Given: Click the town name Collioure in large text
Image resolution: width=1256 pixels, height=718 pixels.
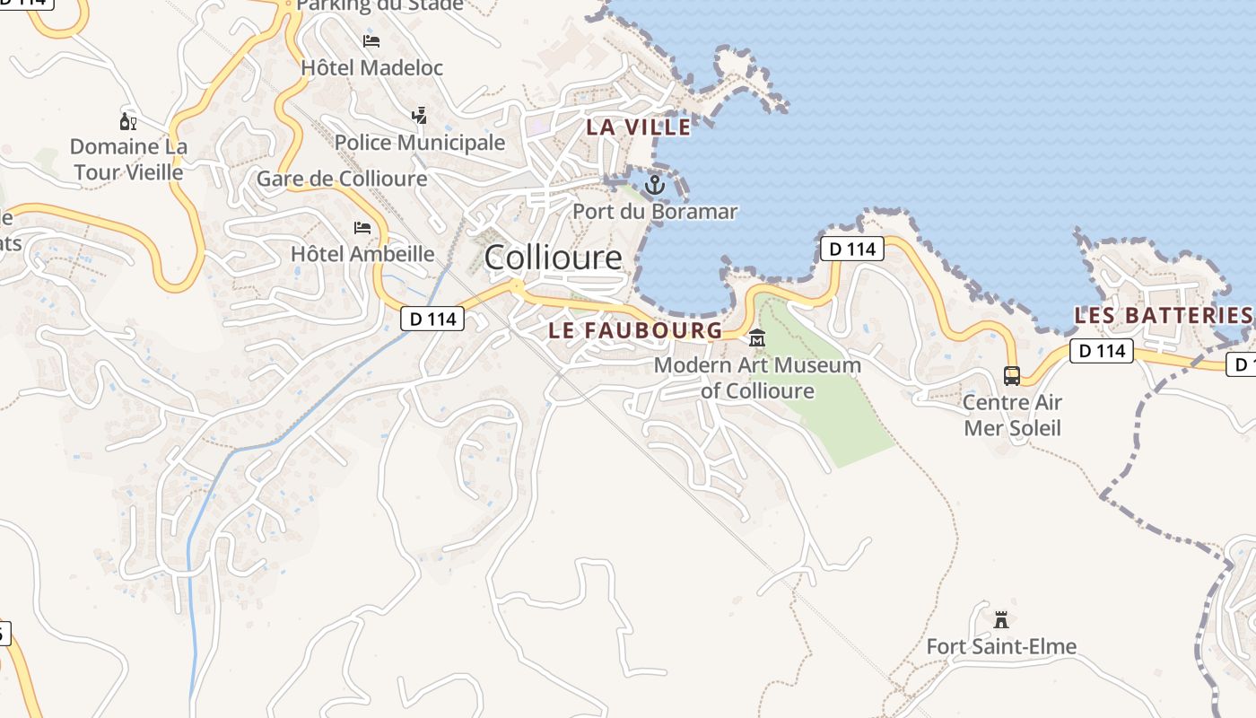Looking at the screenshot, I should (x=553, y=258).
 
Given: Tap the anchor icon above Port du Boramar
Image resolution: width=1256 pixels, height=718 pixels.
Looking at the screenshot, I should (x=655, y=186).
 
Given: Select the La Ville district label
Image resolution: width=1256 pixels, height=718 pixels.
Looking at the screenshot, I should (x=639, y=127).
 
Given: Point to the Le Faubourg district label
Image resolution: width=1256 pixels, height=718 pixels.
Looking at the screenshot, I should (x=635, y=330).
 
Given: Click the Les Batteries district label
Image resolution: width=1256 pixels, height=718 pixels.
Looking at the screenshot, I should (x=1163, y=316).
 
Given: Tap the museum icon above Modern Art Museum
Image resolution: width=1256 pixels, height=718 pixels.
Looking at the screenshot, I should (x=757, y=338).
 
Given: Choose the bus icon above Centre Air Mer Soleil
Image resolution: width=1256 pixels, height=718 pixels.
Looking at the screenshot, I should (x=1012, y=375).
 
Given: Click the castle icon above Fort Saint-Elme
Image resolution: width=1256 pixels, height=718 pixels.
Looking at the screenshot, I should (x=1001, y=619).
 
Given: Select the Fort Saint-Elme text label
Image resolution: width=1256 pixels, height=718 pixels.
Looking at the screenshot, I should (x=1001, y=646).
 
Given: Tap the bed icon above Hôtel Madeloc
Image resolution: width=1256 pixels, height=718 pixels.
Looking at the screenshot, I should (x=371, y=41).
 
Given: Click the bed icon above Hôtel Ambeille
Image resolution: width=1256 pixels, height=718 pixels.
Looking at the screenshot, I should (x=362, y=228).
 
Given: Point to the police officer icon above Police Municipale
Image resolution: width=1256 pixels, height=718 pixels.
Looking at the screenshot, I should (x=419, y=116).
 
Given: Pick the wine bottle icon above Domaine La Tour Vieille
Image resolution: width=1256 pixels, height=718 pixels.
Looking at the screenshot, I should (x=128, y=121).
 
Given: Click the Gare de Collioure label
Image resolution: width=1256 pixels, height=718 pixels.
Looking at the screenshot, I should (x=342, y=179).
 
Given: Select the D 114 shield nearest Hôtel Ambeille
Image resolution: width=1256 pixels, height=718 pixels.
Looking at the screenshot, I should (x=432, y=318).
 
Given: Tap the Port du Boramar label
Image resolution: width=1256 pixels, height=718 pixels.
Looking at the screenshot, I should (x=655, y=212).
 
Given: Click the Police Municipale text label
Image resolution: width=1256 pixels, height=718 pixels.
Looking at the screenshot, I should (x=420, y=143).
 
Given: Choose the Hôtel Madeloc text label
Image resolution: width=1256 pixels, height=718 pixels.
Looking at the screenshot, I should (x=372, y=67).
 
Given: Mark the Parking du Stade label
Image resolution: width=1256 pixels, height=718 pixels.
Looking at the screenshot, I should (x=379, y=5).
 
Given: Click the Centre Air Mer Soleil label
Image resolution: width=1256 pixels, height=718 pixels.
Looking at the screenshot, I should (x=1012, y=415).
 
